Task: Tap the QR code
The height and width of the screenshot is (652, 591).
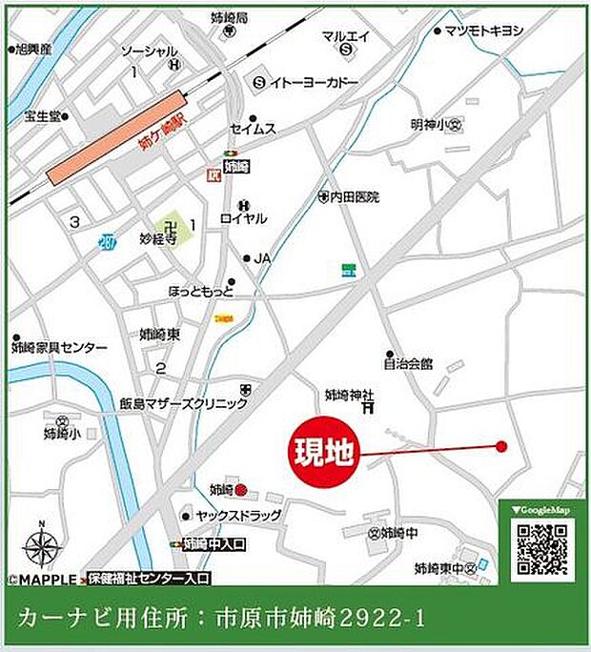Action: (x=542, y=551)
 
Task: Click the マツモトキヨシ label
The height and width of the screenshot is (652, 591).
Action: (x=483, y=31)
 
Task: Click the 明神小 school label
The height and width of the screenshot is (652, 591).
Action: (x=430, y=124)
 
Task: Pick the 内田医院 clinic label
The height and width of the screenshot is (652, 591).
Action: (x=354, y=197)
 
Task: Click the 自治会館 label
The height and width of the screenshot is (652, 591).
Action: (x=408, y=363)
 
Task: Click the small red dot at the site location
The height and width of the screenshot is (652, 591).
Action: (x=500, y=446)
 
